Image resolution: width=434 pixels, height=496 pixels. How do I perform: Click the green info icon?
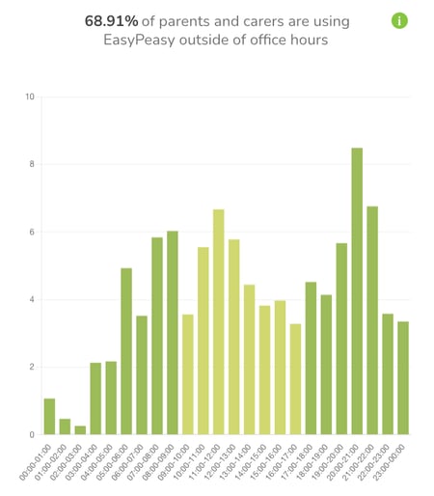click(400, 20)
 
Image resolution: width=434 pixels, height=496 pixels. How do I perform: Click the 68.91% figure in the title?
click(111, 20)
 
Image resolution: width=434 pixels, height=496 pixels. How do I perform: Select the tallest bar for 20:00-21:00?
click(357, 290)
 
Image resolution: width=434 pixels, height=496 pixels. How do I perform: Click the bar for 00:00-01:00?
click(49, 416)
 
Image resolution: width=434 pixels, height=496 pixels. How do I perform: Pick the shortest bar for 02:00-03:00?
click(80, 429)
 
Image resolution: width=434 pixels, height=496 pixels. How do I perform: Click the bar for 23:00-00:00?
click(403, 377)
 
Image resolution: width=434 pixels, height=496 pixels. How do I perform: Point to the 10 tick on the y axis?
click(30, 96)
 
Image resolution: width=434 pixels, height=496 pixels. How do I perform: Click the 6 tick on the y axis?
click(32, 232)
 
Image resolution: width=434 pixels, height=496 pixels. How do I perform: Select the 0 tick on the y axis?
click(32, 434)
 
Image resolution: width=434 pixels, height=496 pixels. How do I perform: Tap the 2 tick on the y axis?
click(32, 367)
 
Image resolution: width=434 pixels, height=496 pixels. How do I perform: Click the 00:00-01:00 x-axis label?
click(39, 461)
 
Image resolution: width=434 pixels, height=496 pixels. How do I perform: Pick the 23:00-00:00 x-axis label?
click(393, 461)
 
